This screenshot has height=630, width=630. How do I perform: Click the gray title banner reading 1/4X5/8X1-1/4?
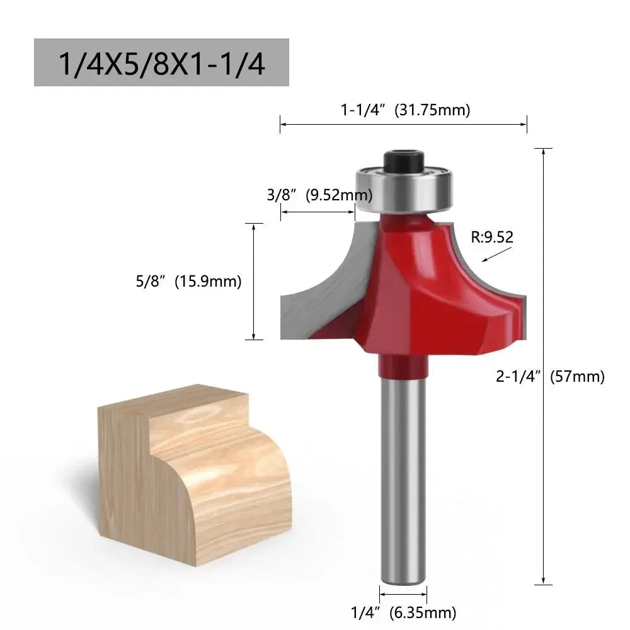[161, 62]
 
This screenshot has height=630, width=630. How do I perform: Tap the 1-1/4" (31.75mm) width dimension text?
[406, 110]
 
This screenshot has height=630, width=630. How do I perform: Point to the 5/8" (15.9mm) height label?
[188, 282]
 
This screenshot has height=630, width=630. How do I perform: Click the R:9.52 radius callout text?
[492, 238]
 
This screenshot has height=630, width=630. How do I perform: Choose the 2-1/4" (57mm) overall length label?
[550, 377]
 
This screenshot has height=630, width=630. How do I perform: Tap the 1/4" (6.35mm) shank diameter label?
[403, 612]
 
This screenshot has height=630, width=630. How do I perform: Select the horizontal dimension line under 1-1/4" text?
[403, 124]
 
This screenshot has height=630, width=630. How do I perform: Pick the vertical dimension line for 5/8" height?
[253, 282]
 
